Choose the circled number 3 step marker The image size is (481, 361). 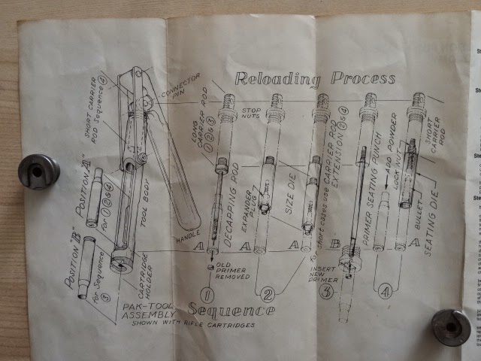pos(326,292)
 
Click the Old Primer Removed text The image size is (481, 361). pos(226,275)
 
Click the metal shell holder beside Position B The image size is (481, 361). pos(38,171)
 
